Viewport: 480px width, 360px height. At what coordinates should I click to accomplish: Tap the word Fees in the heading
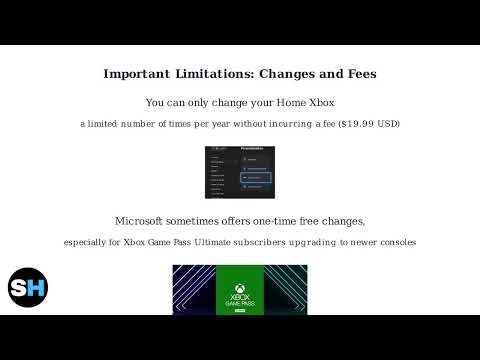(357, 75)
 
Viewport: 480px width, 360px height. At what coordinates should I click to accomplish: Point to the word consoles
(396, 243)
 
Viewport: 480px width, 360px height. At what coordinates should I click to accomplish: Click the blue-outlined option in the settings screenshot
(256, 176)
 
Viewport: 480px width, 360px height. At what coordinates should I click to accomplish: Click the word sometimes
(212, 221)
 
